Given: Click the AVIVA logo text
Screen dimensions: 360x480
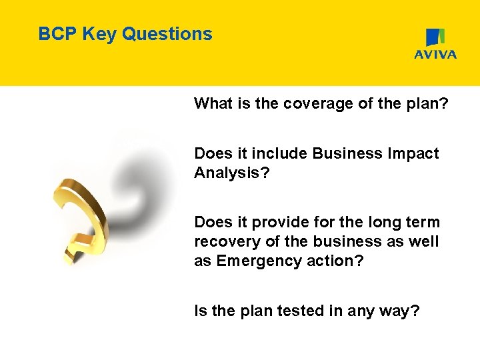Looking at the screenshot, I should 435,55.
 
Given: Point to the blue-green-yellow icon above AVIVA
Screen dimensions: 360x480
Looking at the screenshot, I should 435,37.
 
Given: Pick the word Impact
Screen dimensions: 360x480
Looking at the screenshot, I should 414,153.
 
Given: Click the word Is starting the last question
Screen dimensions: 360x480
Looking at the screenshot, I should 200,311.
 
